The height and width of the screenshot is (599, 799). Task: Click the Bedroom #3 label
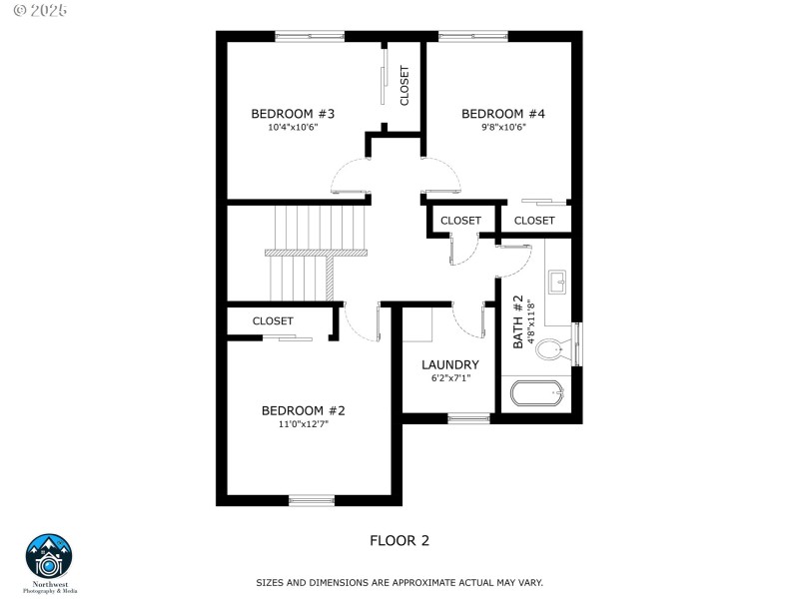click(292, 114)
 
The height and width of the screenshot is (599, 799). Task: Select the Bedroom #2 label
click(303, 410)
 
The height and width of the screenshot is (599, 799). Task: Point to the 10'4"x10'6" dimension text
click(292, 128)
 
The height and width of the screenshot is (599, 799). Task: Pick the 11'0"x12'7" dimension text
click(303, 424)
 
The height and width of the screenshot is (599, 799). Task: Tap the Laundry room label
click(449, 364)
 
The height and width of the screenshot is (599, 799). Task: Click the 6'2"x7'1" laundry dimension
click(449, 378)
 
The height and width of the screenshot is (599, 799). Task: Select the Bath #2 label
click(518, 321)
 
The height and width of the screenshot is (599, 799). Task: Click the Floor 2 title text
click(399, 541)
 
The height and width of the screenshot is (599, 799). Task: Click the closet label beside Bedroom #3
click(404, 86)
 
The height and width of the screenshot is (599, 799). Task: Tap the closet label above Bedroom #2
click(273, 321)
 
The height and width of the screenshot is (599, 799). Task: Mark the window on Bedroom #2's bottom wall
click(312, 499)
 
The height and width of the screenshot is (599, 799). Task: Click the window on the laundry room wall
click(468, 418)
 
